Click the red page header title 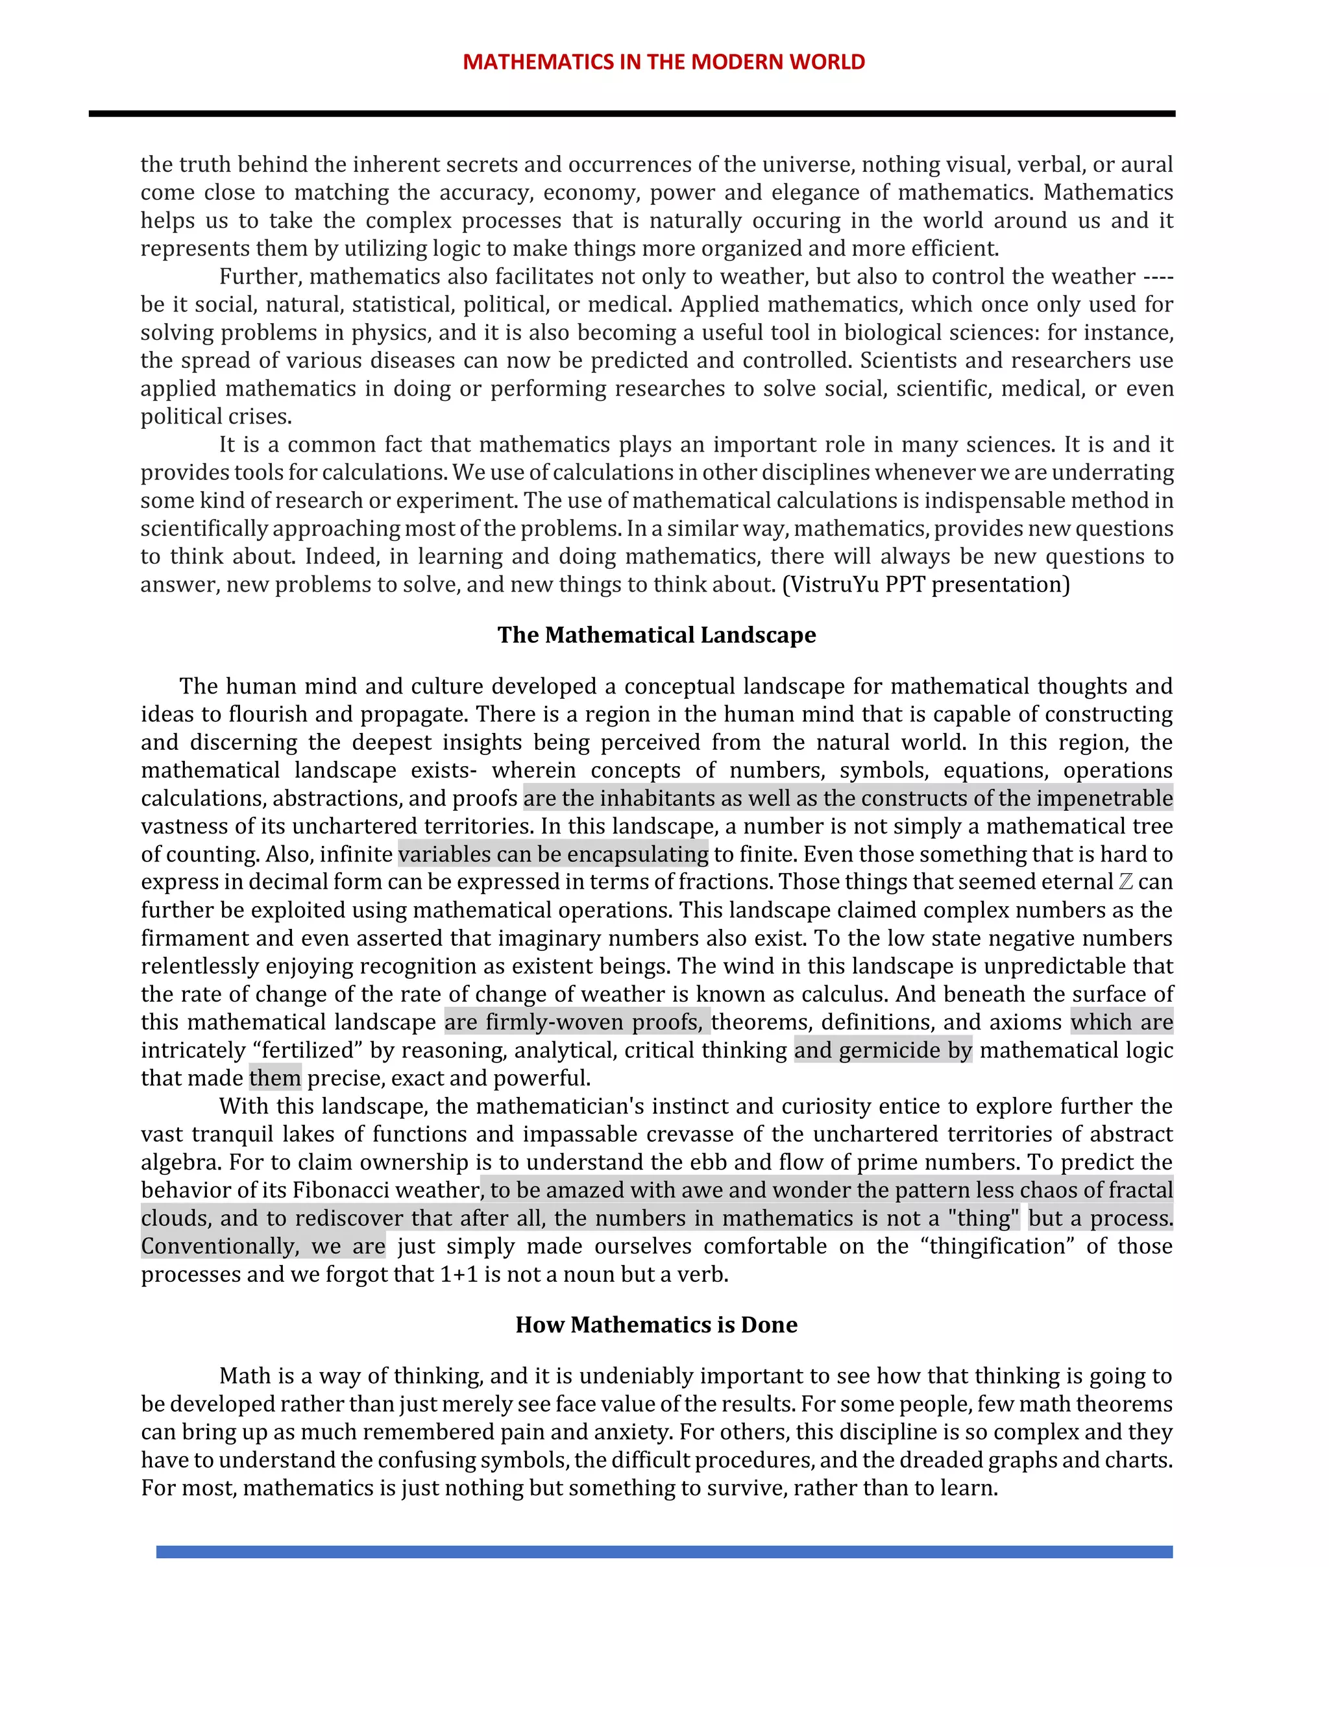[x=664, y=62]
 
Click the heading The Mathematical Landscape [x=657, y=634]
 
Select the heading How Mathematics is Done [x=657, y=1324]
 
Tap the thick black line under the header [x=631, y=114]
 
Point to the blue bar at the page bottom [x=664, y=1552]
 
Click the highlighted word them [x=274, y=1077]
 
